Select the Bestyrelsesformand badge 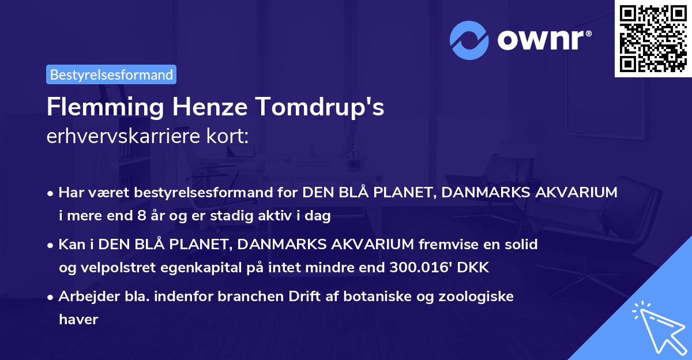[x=111, y=74]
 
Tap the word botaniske [x=376, y=297]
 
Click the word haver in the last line [x=78, y=319]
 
